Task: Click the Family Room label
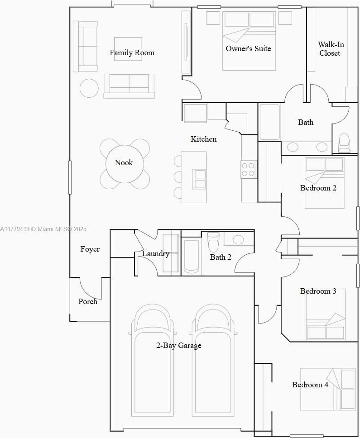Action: click(x=132, y=52)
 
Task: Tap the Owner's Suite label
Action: click(x=248, y=48)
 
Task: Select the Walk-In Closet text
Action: click(x=331, y=48)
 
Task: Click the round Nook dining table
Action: click(x=125, y=164)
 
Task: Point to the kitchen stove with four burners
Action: click(x=249, y=170)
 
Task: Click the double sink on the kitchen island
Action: click(x=199, y=179)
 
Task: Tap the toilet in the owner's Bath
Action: click(x=344, y=143)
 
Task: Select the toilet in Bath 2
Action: click(x=214, y=242)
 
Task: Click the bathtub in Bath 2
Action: click(x=192, y=257)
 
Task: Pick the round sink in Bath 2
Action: click(x=238, y=239)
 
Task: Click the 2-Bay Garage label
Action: click(x=179, y=346)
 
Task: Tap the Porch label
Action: click(x=88, y=301)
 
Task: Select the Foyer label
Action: click(x=90, y=249)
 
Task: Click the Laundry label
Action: click(x=156, y=254)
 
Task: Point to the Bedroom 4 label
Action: click(x=310, y=385)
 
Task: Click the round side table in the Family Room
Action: click(x=89, y=88)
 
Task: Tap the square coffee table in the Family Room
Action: click(x=128, y=49)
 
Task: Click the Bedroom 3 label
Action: click(x=318, y=291)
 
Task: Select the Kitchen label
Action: click(x=203, y=139)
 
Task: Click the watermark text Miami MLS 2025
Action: click(x=59, y=229)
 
